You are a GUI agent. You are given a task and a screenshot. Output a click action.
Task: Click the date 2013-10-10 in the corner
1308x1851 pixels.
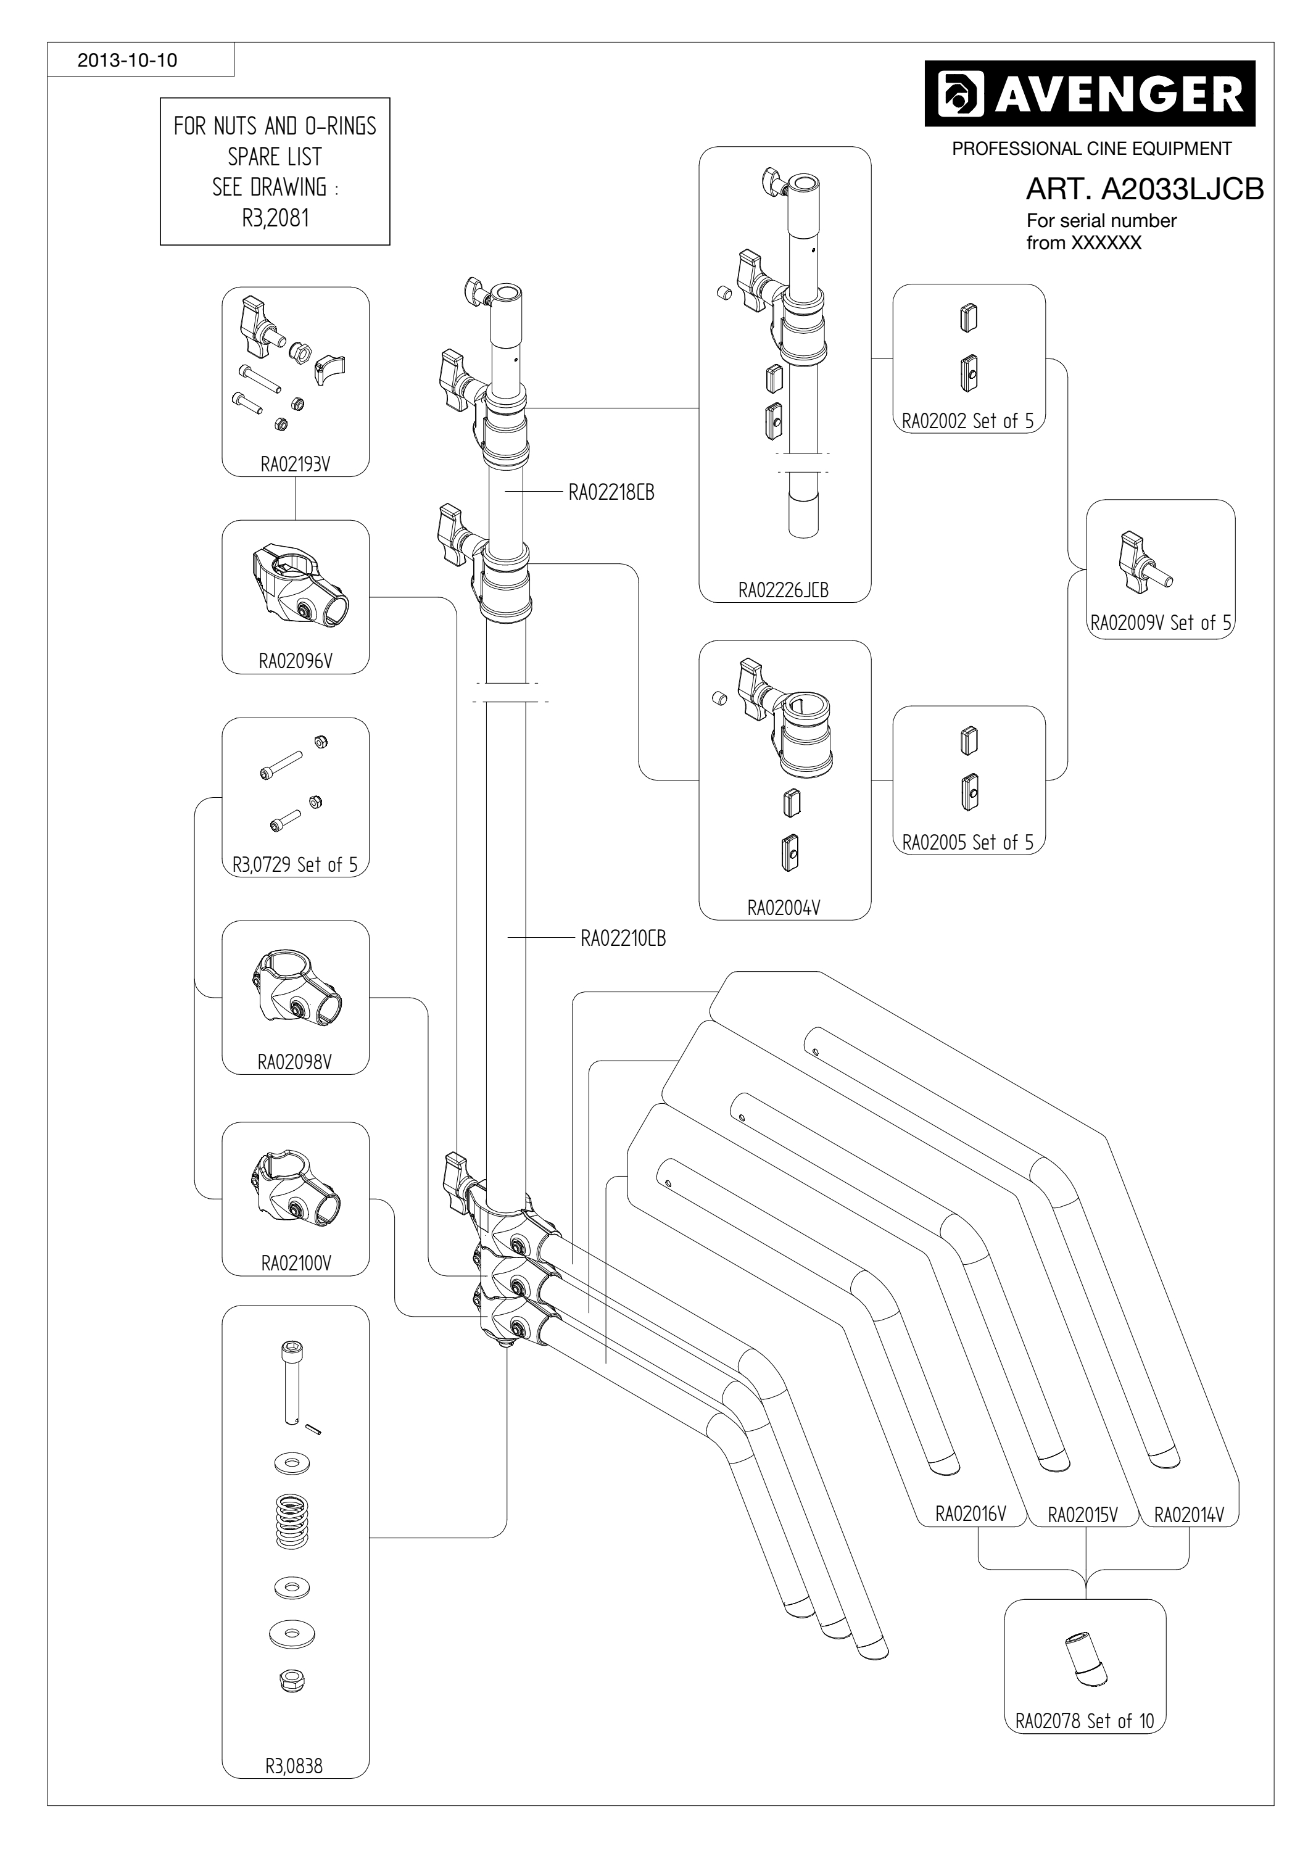pyautogui.click(x=127, y=60)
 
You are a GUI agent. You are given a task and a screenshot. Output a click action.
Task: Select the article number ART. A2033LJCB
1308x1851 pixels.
pyautogui.click(x=1144, y=189)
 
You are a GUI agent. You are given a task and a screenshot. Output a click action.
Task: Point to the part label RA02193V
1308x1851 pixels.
pyautogui.click(x=295, y=465)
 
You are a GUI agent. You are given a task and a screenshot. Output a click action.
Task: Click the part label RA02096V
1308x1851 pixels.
pyautogui.click(x=295, y=661)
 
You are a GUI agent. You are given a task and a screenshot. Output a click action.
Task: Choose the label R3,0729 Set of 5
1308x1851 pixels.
pyautogui.click(x=295, y=865)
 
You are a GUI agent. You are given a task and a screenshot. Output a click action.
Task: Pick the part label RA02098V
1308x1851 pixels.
pyautogui.click(x=295, y=1062)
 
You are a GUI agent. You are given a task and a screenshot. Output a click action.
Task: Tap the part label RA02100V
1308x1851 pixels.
pyautogui.click(x=295, y=1263)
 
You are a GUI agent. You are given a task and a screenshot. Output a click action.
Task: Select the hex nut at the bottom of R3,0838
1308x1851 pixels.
pyautogui.click(x=291, y=1680)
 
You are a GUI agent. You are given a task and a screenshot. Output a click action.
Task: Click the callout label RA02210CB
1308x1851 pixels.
pyautogui.click(x=623, y=938)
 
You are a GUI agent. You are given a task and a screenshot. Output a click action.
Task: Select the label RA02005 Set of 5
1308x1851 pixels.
pyautogui.click(x=967, y=842)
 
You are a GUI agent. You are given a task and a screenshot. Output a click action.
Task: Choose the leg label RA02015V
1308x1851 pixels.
pyautogui.click(x=1082, y=1515)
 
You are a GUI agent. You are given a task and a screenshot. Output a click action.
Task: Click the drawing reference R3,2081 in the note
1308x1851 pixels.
pyautogui.click(x=275, y=218)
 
